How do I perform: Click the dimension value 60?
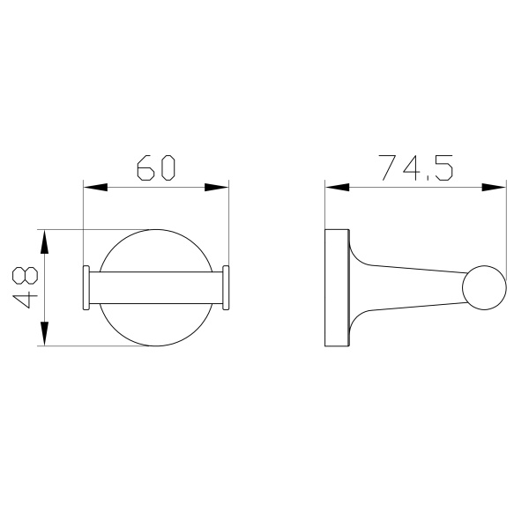(x=156, y=168)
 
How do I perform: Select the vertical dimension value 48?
(x=26, y=287)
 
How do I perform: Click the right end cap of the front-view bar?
(x=226, y=288)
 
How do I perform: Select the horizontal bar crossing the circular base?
(x=156, y=288)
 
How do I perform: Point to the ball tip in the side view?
(x=486, y=287)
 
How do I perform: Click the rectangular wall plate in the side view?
(x=336, y=287)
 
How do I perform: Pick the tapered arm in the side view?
(x=414, y=287)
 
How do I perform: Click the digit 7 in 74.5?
(x=385, y=167)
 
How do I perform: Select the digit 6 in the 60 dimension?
(x=144, y=168)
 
